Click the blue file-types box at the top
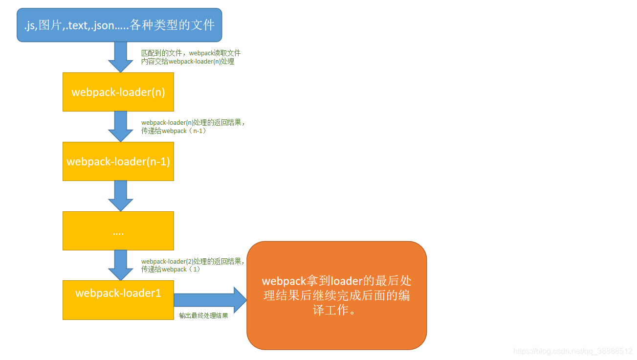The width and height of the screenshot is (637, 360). (119, 25)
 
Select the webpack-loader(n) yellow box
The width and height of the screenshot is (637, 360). (118, 92)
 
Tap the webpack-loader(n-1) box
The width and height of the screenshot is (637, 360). (118, 161)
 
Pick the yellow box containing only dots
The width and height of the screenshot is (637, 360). (118, 231)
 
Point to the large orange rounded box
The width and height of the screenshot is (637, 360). (337, 295)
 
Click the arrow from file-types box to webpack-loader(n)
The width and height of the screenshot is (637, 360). (120, 57)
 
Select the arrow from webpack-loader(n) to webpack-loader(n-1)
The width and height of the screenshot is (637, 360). (120, 126)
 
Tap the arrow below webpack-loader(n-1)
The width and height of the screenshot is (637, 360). (120, 196)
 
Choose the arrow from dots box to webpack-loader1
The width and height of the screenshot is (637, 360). (120, 265)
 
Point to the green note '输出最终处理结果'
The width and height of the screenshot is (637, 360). (203, 315)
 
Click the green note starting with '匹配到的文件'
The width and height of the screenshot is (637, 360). (191, 57)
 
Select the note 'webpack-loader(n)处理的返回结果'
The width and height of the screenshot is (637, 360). (193, 127)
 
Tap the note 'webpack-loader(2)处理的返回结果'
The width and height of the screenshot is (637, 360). (193, 265)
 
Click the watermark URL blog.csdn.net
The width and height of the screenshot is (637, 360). (573, 351)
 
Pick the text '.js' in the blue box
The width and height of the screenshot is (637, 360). (30, 25)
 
